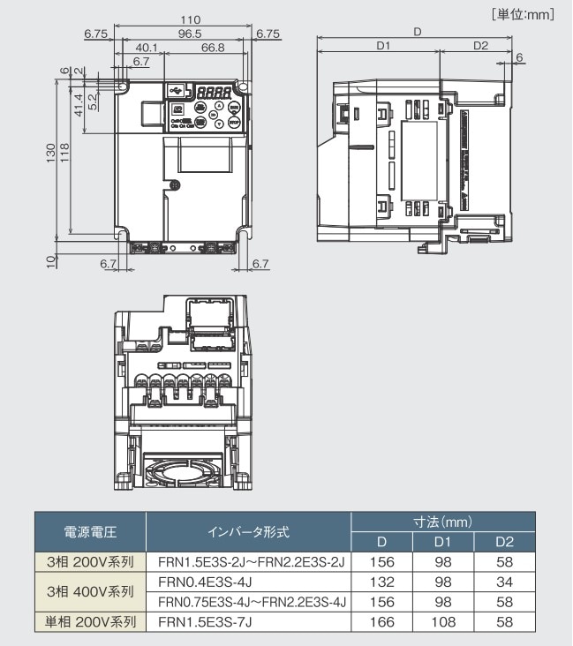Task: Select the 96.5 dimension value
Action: (184, 34)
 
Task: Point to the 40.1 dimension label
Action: (147, 48)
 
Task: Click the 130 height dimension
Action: (50, 152)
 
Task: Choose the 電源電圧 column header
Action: (90, 532)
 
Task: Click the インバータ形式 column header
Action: (248, 532)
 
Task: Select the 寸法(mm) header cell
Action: (442, 522)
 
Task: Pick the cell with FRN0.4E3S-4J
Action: (205, 582)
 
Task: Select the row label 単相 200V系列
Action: (90, 621)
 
